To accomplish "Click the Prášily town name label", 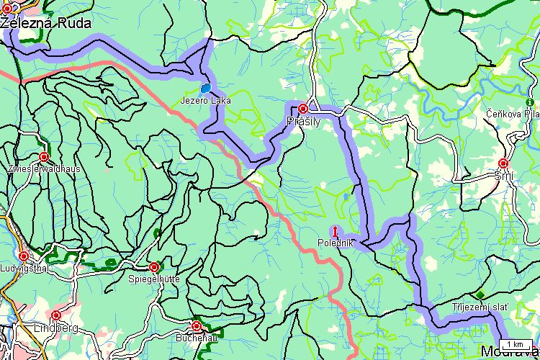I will click(x=303, y=122).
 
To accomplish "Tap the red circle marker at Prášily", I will click(x=303, y=108).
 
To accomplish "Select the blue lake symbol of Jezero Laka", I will click(x=207, y=89).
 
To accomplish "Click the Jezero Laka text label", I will click(x=206, y=101).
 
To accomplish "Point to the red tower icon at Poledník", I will click(x=335, y=231).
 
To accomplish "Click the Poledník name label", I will click(x=336, y=243).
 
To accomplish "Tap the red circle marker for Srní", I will click(x=503, y=163).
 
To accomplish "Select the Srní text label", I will click(x=503, y=176).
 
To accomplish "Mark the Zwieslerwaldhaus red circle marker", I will click(x=44, y=156).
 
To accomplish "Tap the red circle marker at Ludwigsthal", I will click(x=24, y=256).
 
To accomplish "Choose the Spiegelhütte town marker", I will click(x=153, y=266).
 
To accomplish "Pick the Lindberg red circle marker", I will click(x=56, y=315).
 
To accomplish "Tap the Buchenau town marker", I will click(x=196, y=325).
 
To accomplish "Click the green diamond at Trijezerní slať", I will click(x=480, y=294).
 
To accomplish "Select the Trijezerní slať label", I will click(x=480, y=307).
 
